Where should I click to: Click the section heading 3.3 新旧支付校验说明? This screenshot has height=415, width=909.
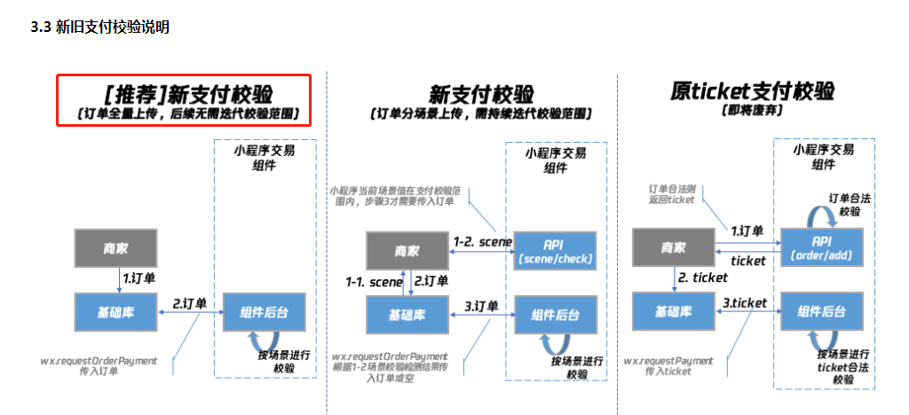tap(100, 27)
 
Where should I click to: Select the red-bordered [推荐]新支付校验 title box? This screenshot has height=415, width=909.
tap(185, 100)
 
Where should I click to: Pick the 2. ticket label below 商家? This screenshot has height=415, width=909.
tap(702, 278)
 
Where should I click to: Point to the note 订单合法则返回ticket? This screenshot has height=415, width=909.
tap(672, 193)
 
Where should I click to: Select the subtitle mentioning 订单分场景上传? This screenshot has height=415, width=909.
tap(480, 114)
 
